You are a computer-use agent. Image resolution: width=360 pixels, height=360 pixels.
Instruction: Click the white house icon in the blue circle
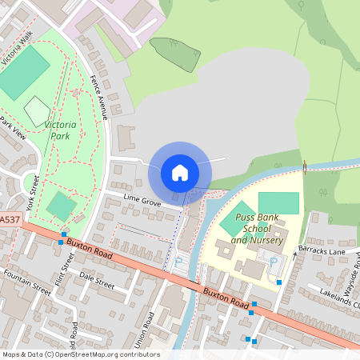pos(180,173)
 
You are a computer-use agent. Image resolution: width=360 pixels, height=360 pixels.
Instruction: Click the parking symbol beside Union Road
pos(178,260)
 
